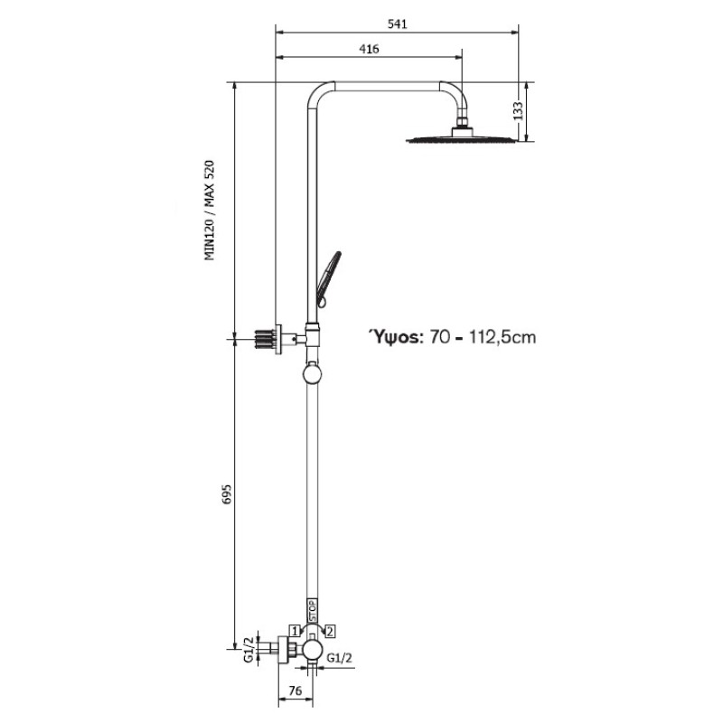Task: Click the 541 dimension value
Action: (x=397, y=24)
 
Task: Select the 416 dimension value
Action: (x=369, y=49)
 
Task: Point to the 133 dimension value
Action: (x=518, y=110)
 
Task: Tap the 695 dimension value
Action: (x=228, y=493)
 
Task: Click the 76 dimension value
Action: (x=296, y=690)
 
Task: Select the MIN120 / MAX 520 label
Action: (x=210, y=211)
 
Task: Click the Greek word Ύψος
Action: (x=395, y=337)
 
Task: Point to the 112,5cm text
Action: (x=502, y=337)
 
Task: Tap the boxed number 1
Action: (x=295, y=631)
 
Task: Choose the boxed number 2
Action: (x=330, y=631)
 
